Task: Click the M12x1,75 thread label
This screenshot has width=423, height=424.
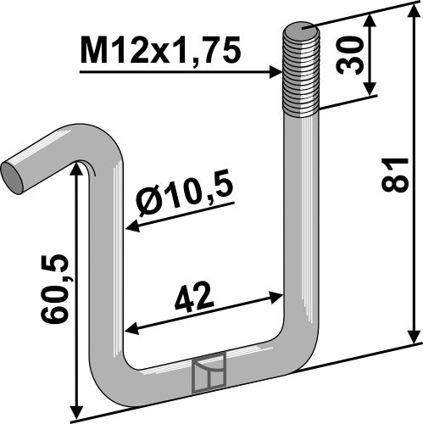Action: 159,53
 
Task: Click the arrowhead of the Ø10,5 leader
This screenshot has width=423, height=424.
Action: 130,227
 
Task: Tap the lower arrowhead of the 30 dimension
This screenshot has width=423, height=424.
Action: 370,92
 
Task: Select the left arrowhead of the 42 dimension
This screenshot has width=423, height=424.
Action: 131,332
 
